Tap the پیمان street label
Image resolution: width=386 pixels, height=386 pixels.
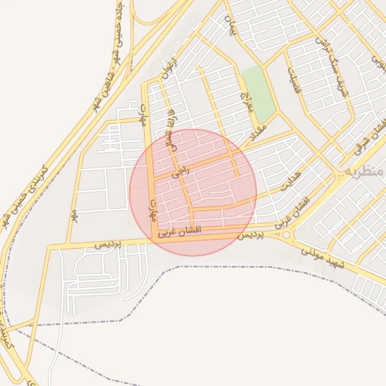point(229,27)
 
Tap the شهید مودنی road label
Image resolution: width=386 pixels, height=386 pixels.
point(323,257)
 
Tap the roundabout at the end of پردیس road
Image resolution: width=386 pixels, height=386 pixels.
point(286,235)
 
